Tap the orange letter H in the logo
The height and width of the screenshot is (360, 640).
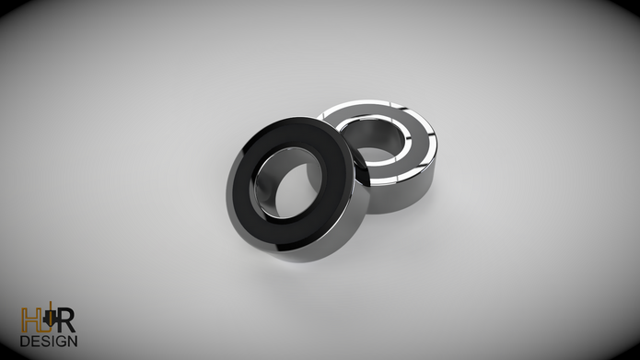tap(29, 320)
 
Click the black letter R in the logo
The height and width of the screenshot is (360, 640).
tap(66, 320)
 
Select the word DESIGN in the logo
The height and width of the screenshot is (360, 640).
tap(49, 342)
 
